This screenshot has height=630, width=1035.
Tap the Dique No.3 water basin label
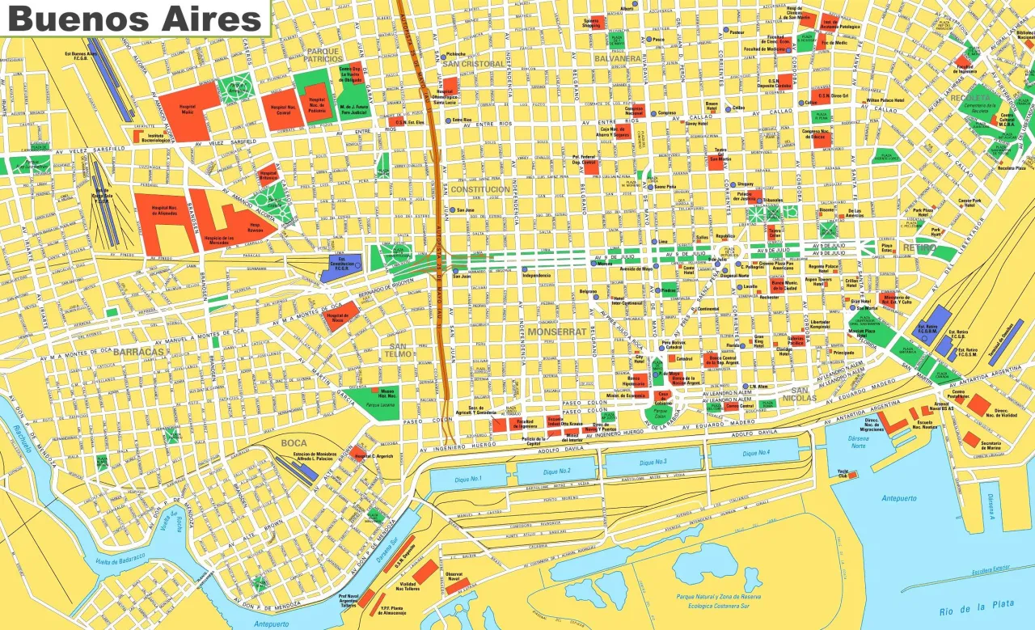pos(653,463)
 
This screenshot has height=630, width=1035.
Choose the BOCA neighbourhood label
pos(294,442)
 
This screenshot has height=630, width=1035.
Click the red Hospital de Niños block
pos(340,316)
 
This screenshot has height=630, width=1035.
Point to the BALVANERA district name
pos(617,59)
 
